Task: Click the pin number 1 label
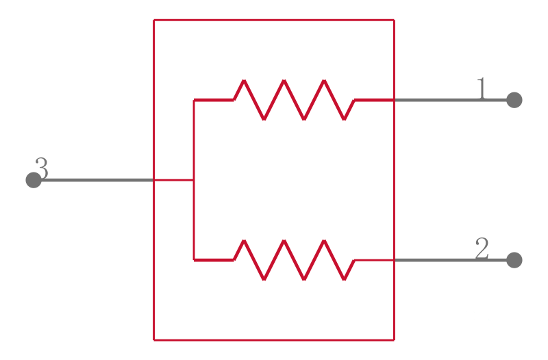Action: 482,89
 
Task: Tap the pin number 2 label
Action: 482,248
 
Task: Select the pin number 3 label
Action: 42,168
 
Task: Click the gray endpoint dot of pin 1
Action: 514,100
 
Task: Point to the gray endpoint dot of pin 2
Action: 514,260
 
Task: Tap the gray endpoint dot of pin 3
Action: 34,180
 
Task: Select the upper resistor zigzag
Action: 295,100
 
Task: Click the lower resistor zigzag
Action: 295,260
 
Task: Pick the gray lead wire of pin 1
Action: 451,100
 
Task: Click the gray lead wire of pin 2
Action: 451,260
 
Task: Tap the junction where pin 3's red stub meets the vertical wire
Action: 194,180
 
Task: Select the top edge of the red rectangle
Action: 274,21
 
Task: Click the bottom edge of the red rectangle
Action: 274,339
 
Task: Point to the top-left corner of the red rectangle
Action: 153,21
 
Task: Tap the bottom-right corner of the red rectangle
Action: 395,339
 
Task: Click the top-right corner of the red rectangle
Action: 395,21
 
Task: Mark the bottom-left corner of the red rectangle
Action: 153,339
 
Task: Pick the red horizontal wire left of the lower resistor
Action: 214,260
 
